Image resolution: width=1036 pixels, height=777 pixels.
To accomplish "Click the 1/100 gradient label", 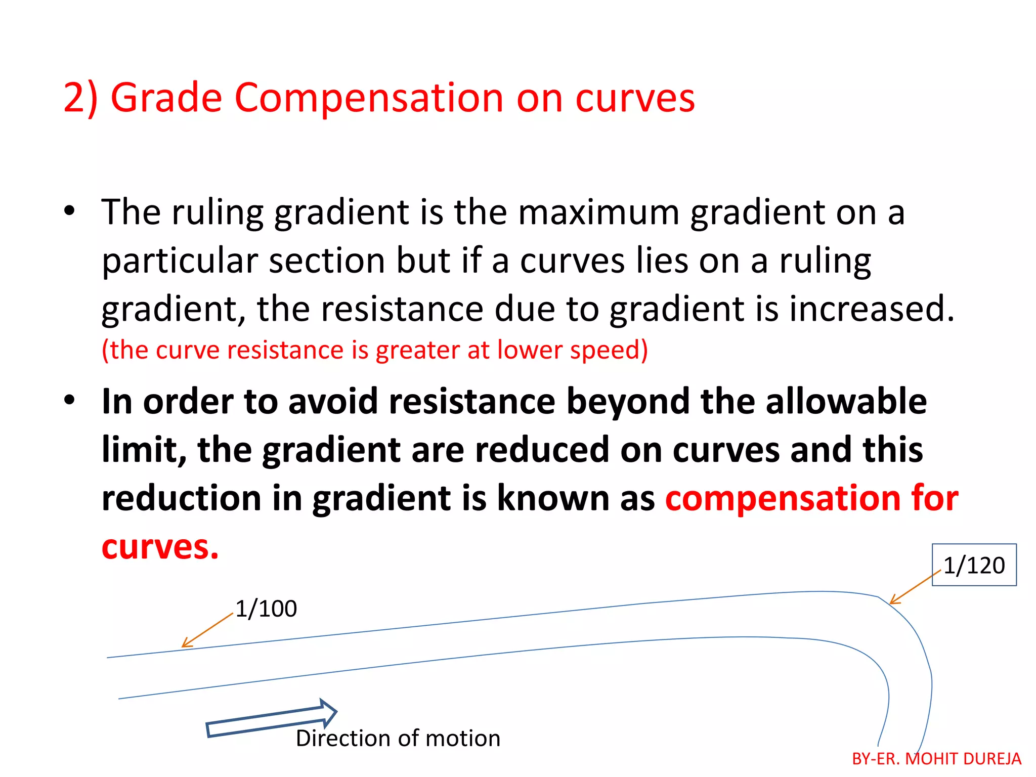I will click(x=266, y=609).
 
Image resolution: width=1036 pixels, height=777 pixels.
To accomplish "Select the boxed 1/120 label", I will click(x=974, y=565).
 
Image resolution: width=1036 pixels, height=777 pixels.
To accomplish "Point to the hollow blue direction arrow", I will click(x=272, y=719).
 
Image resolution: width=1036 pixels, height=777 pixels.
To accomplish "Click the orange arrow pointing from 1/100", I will click(x=207, y=630).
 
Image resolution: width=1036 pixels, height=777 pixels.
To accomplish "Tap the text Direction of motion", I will click(x=398, y=739).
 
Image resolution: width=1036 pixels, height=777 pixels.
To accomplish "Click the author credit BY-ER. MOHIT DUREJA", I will click(x=936, y=759).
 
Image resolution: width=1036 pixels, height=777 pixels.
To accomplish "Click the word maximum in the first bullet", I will click(x=598, y=212).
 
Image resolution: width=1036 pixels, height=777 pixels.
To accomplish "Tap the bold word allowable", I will click(x=846, y=402).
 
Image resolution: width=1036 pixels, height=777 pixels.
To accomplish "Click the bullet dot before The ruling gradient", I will click(x=69, y=211).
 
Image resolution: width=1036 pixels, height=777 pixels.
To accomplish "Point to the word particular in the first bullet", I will click(x=180, y=262).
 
